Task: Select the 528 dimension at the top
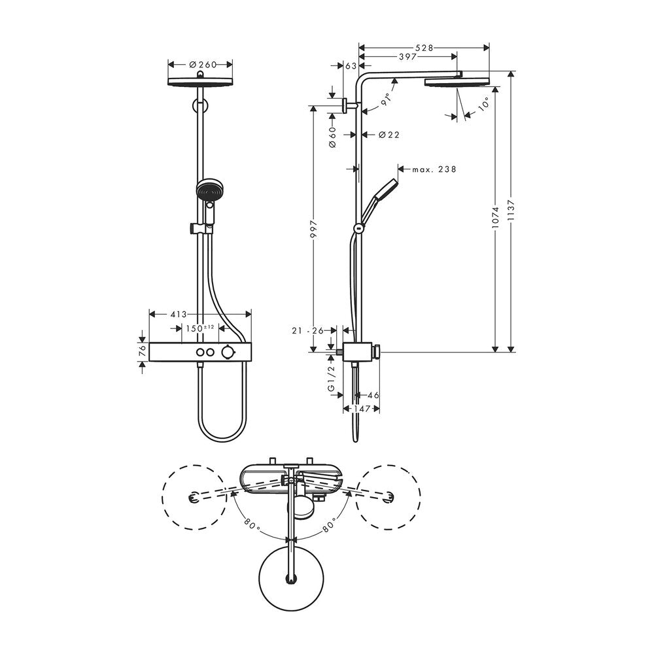(424, 48)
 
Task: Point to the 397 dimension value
(408, 57)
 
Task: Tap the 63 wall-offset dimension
(351, 66)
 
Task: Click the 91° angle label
(386, 99)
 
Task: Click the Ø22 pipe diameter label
(388, 135)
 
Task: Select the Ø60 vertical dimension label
(332, 138)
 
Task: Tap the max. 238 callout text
(434, 169)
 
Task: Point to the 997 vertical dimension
(314, 229)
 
